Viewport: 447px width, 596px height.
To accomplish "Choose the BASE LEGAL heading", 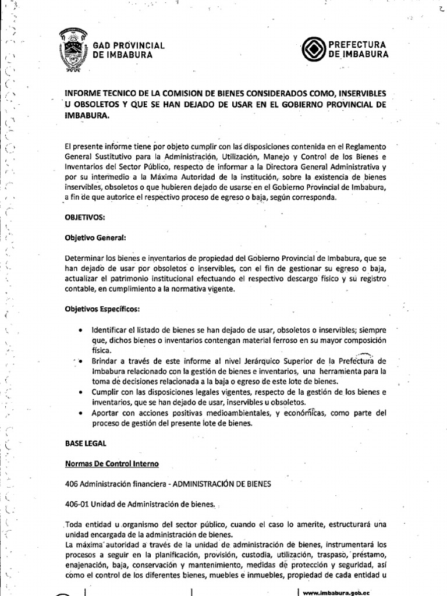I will (86, 443).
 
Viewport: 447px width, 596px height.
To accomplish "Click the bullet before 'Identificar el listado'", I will (79, 330).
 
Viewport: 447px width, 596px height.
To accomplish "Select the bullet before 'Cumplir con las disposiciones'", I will (79, 392).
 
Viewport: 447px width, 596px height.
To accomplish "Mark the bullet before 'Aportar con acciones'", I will (79, 413).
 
